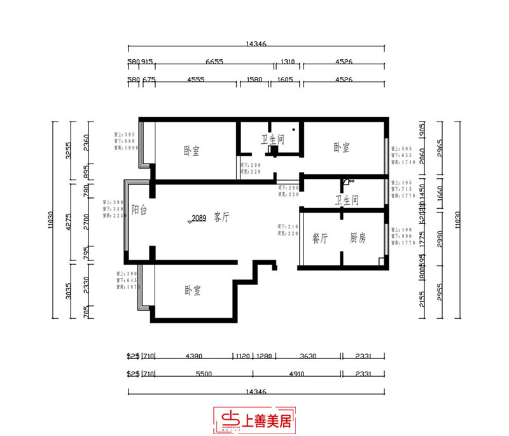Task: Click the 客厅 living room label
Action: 222,217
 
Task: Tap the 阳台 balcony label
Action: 139,209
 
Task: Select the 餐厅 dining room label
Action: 319,239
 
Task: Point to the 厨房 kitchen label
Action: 358,239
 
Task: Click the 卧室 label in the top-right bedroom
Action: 342,148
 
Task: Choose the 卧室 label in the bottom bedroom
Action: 193,290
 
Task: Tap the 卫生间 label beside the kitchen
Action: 347,200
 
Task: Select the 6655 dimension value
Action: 214,62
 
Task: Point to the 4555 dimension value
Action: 195,80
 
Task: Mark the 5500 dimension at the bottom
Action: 204,374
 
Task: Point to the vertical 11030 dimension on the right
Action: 456,220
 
